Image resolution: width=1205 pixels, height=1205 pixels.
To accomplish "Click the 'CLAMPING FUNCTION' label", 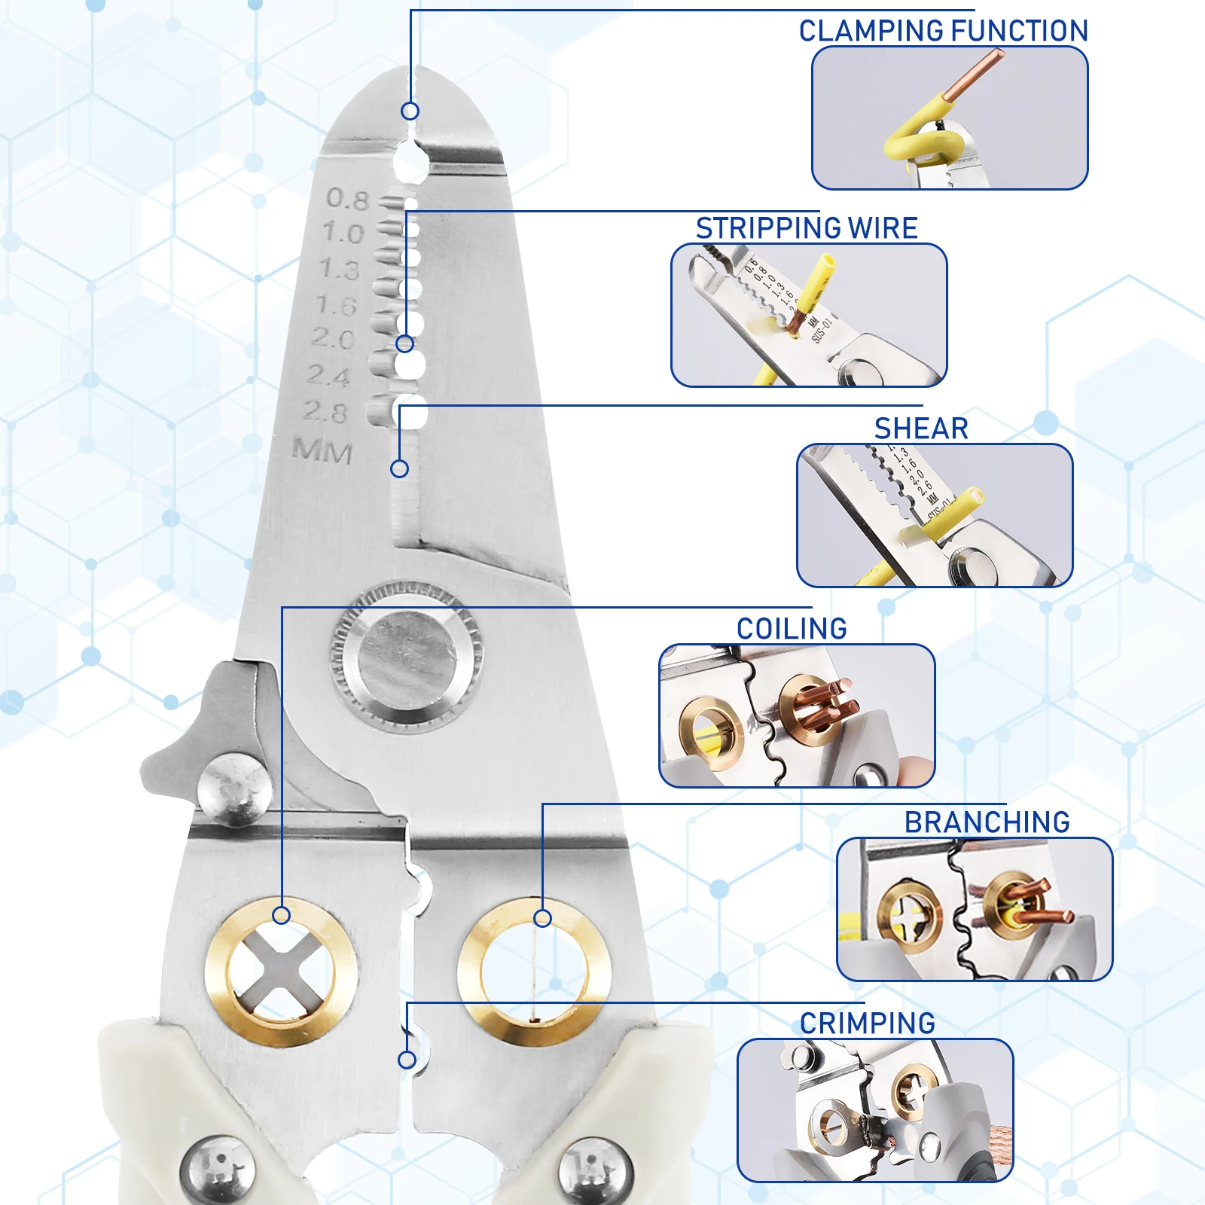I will click(943, 31).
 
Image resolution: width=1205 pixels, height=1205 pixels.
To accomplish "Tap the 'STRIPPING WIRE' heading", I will click(806, 227).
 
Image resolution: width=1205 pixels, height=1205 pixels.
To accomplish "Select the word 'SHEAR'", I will click(920, 429).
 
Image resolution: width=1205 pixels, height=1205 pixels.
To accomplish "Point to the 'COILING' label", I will click(792, 629).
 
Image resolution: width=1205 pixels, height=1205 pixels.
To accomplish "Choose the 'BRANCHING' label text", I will click(987, 822).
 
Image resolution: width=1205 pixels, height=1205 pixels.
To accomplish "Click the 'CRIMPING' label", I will click(867, 1023).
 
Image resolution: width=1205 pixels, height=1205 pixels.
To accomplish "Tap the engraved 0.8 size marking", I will click(347, 199).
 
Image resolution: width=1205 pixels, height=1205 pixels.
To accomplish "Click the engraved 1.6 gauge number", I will click(336, 305).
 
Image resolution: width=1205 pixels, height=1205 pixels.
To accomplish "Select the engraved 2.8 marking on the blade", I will click(325, 411).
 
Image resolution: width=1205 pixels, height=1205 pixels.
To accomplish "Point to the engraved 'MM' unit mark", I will click(322, 451).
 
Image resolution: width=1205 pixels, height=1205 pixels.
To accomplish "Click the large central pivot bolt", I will click(407, 656).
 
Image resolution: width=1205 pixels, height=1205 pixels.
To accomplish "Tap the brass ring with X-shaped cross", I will click(281, 972).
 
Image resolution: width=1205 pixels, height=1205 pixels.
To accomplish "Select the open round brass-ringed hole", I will click(534, 972).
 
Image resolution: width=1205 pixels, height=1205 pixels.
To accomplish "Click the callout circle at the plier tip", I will click(410, 111).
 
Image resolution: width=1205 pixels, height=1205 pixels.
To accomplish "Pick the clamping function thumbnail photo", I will click(949, 118).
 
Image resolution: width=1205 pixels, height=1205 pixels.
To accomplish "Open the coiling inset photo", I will click(797, 715).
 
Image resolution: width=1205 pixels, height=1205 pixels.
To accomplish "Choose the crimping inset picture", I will click(874, 1110).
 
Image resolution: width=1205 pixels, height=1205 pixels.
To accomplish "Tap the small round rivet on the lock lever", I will click(234, 789).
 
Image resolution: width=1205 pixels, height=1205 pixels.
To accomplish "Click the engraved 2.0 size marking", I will click(334, 339).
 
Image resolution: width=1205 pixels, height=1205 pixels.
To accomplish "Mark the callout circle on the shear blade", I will click(399, 468).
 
